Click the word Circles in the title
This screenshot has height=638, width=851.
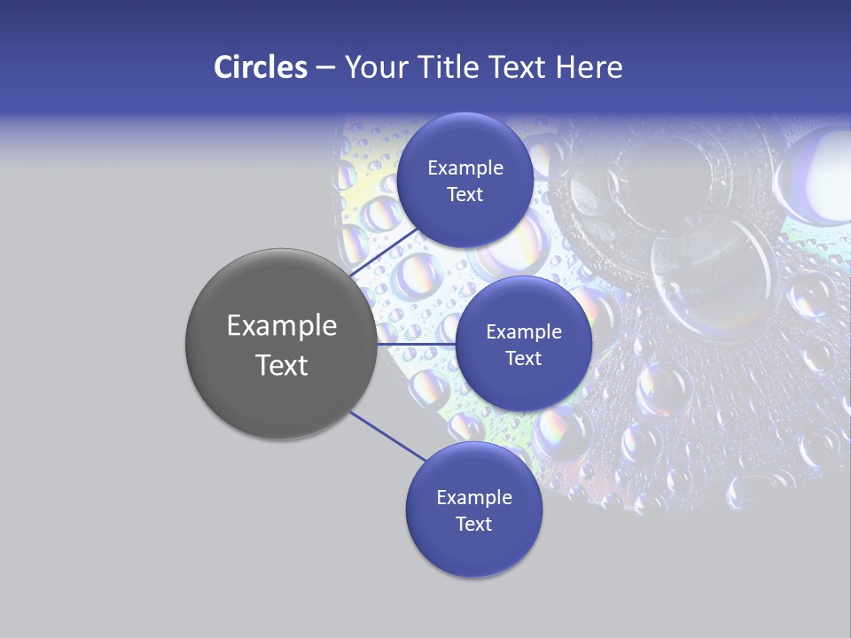260,67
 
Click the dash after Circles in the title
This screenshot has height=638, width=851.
324,68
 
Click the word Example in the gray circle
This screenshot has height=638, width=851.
281,326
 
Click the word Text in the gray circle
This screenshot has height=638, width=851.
281,365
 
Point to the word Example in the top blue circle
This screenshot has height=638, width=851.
465,168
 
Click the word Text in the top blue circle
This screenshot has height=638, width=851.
465,195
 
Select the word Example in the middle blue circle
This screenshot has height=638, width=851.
523,332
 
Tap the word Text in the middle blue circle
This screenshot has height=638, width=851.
523,359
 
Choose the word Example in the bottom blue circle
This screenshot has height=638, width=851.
473,498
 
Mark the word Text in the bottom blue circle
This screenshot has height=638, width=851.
473,525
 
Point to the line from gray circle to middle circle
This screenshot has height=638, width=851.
417,344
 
